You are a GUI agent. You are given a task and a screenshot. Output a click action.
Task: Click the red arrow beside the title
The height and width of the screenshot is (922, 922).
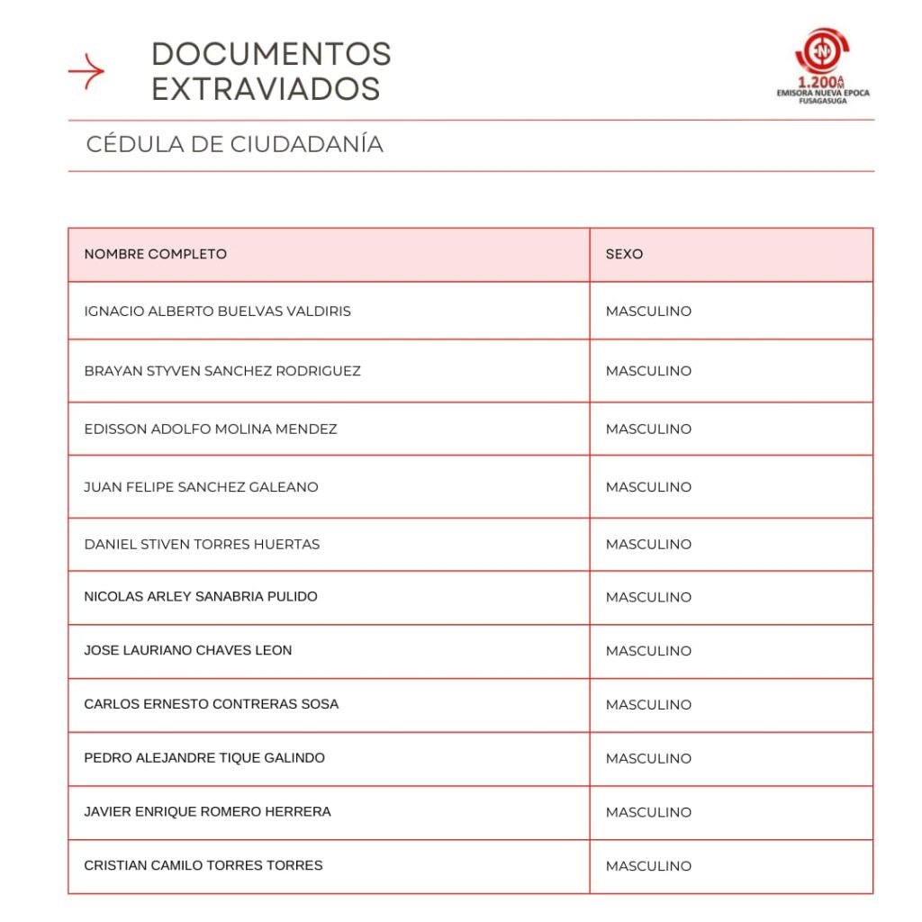coord(86,71)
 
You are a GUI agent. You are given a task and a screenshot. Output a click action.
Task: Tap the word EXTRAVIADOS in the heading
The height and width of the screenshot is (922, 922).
coord(266,89)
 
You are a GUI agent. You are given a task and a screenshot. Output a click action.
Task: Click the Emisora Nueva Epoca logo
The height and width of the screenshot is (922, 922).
coord(823,64)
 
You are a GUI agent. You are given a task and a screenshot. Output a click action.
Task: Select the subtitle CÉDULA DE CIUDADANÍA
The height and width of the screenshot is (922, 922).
coord(235,144)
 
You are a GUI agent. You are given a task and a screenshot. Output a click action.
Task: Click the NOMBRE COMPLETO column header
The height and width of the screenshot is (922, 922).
coord(155,254)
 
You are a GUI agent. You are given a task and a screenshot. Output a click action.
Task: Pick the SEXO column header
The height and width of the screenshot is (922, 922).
coord(624,254)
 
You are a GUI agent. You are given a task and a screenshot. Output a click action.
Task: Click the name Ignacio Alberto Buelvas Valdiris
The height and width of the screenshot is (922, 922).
coord(217,312)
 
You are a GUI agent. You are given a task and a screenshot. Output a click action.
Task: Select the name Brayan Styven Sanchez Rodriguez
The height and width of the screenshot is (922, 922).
coord(222,371)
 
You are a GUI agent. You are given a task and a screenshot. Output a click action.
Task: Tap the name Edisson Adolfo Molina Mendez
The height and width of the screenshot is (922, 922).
coord(211,429)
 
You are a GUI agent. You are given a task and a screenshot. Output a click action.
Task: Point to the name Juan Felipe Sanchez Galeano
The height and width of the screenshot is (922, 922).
coord(201,487)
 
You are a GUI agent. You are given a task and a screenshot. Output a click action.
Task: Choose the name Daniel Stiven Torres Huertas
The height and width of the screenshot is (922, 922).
coord(202,545)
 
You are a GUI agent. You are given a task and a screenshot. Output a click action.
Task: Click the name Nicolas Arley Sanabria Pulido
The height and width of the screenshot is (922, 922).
coord(201,597)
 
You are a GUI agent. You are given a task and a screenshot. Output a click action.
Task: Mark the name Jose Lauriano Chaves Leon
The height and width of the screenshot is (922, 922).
coord(188,650)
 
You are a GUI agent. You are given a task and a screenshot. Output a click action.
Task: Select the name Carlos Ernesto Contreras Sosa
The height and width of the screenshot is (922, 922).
coord(212,704)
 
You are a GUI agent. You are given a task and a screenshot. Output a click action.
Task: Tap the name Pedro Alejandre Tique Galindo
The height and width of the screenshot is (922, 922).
coord(204,758)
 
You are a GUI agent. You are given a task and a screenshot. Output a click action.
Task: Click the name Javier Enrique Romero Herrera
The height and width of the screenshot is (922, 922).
coord(207,812)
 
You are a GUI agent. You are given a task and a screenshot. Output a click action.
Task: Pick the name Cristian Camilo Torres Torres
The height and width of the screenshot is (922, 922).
coord(203,865)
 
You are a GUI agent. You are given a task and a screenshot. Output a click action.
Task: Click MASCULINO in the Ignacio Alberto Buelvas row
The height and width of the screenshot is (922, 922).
coord(648,312)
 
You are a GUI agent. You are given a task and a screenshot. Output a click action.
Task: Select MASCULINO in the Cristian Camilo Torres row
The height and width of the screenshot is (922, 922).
coord(648,866)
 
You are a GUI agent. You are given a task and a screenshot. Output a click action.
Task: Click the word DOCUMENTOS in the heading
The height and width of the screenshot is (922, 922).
coord(271,54)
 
